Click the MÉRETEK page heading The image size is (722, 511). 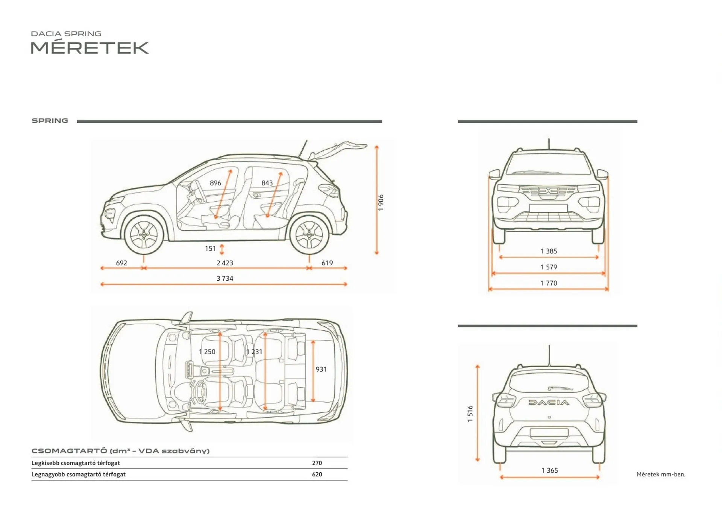89,48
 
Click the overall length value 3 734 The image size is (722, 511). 225,278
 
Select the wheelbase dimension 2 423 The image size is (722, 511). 225,263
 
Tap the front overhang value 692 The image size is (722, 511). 121,263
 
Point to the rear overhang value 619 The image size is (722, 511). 327,263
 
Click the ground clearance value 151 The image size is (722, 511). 210,249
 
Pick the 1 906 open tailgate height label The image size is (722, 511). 381,202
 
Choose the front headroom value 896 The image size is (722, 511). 215,183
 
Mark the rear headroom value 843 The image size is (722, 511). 267,183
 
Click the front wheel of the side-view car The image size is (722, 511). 144,235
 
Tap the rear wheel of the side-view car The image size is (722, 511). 309,235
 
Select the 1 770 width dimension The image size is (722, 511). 549,283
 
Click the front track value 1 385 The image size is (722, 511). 549,251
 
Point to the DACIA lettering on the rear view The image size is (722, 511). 549,402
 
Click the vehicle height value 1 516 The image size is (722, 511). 470,414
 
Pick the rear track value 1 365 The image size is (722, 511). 549,470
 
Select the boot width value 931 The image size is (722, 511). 321,369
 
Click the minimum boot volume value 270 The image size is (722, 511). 317,463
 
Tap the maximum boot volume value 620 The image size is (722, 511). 317,474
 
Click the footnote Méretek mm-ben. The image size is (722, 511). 661,474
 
